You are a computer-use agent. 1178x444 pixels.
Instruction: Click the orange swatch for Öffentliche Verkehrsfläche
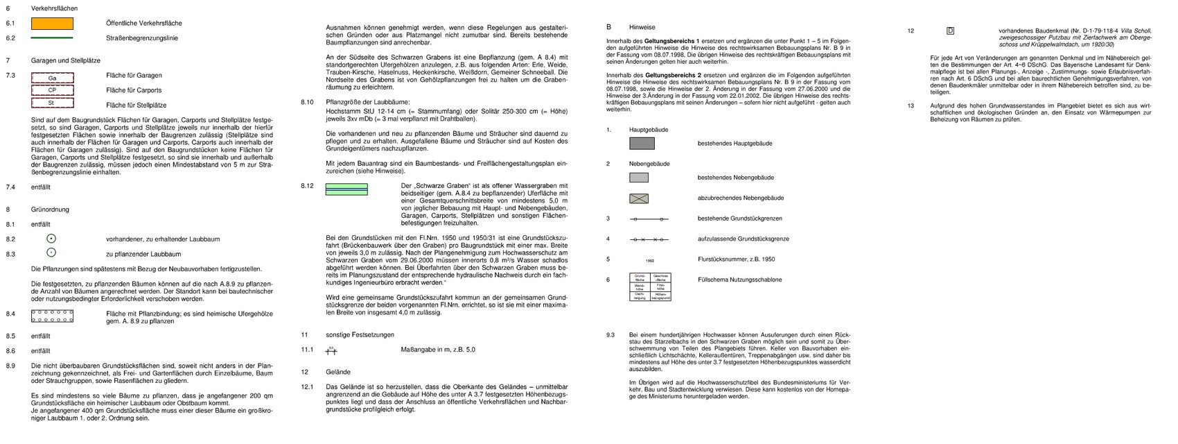pyautogui.click(x=52, y=23)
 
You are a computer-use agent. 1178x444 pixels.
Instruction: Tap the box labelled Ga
pyautogui.click(x=52, y=78)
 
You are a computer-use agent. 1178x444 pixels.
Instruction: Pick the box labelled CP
pyautogui.click(x=52, y=90)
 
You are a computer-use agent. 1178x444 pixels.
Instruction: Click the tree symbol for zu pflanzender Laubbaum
pyautogui.click(x=52, y=253)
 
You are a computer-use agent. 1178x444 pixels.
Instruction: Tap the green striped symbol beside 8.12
pyautogui.click(x=346, y=189)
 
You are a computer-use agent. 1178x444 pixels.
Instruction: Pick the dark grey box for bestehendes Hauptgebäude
pyautogui.click(x=642, y=144)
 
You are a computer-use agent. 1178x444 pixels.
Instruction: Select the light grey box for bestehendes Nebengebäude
pyautogui.click(x=639, y=178)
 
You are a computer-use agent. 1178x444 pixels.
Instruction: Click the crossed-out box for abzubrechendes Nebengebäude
pyautogui.click(x=639, y=198)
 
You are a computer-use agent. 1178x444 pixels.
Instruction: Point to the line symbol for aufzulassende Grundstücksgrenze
pyautogui.click(x=649, y=239)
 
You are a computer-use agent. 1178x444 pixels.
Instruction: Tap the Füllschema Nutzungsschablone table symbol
pyautogui.click(x=649, y=287)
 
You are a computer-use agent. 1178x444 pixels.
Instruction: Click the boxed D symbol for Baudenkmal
pyautogui.click(x=950, y=31)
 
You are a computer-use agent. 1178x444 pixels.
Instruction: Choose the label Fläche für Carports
pyautogui.click(x=134, y=90)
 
